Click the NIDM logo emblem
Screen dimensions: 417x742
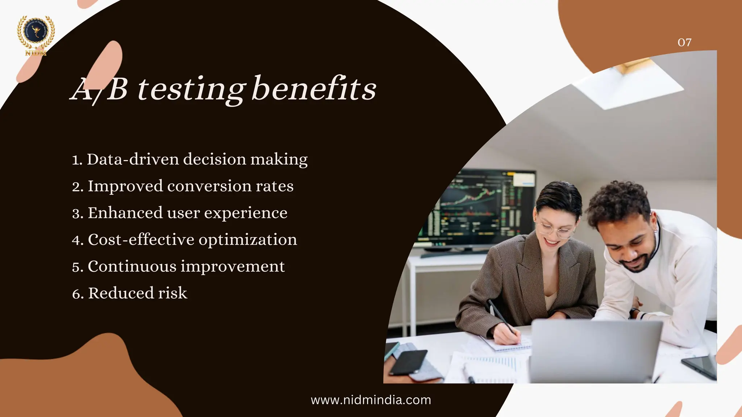(36, 35)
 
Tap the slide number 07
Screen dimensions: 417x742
(684, 43)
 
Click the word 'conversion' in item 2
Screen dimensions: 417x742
(209, 186)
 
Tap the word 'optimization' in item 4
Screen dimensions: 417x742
(248, 240)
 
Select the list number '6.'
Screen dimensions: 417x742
(78, 294)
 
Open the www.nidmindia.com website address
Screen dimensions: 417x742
(371, 400)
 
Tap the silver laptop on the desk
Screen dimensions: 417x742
(594, 351)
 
